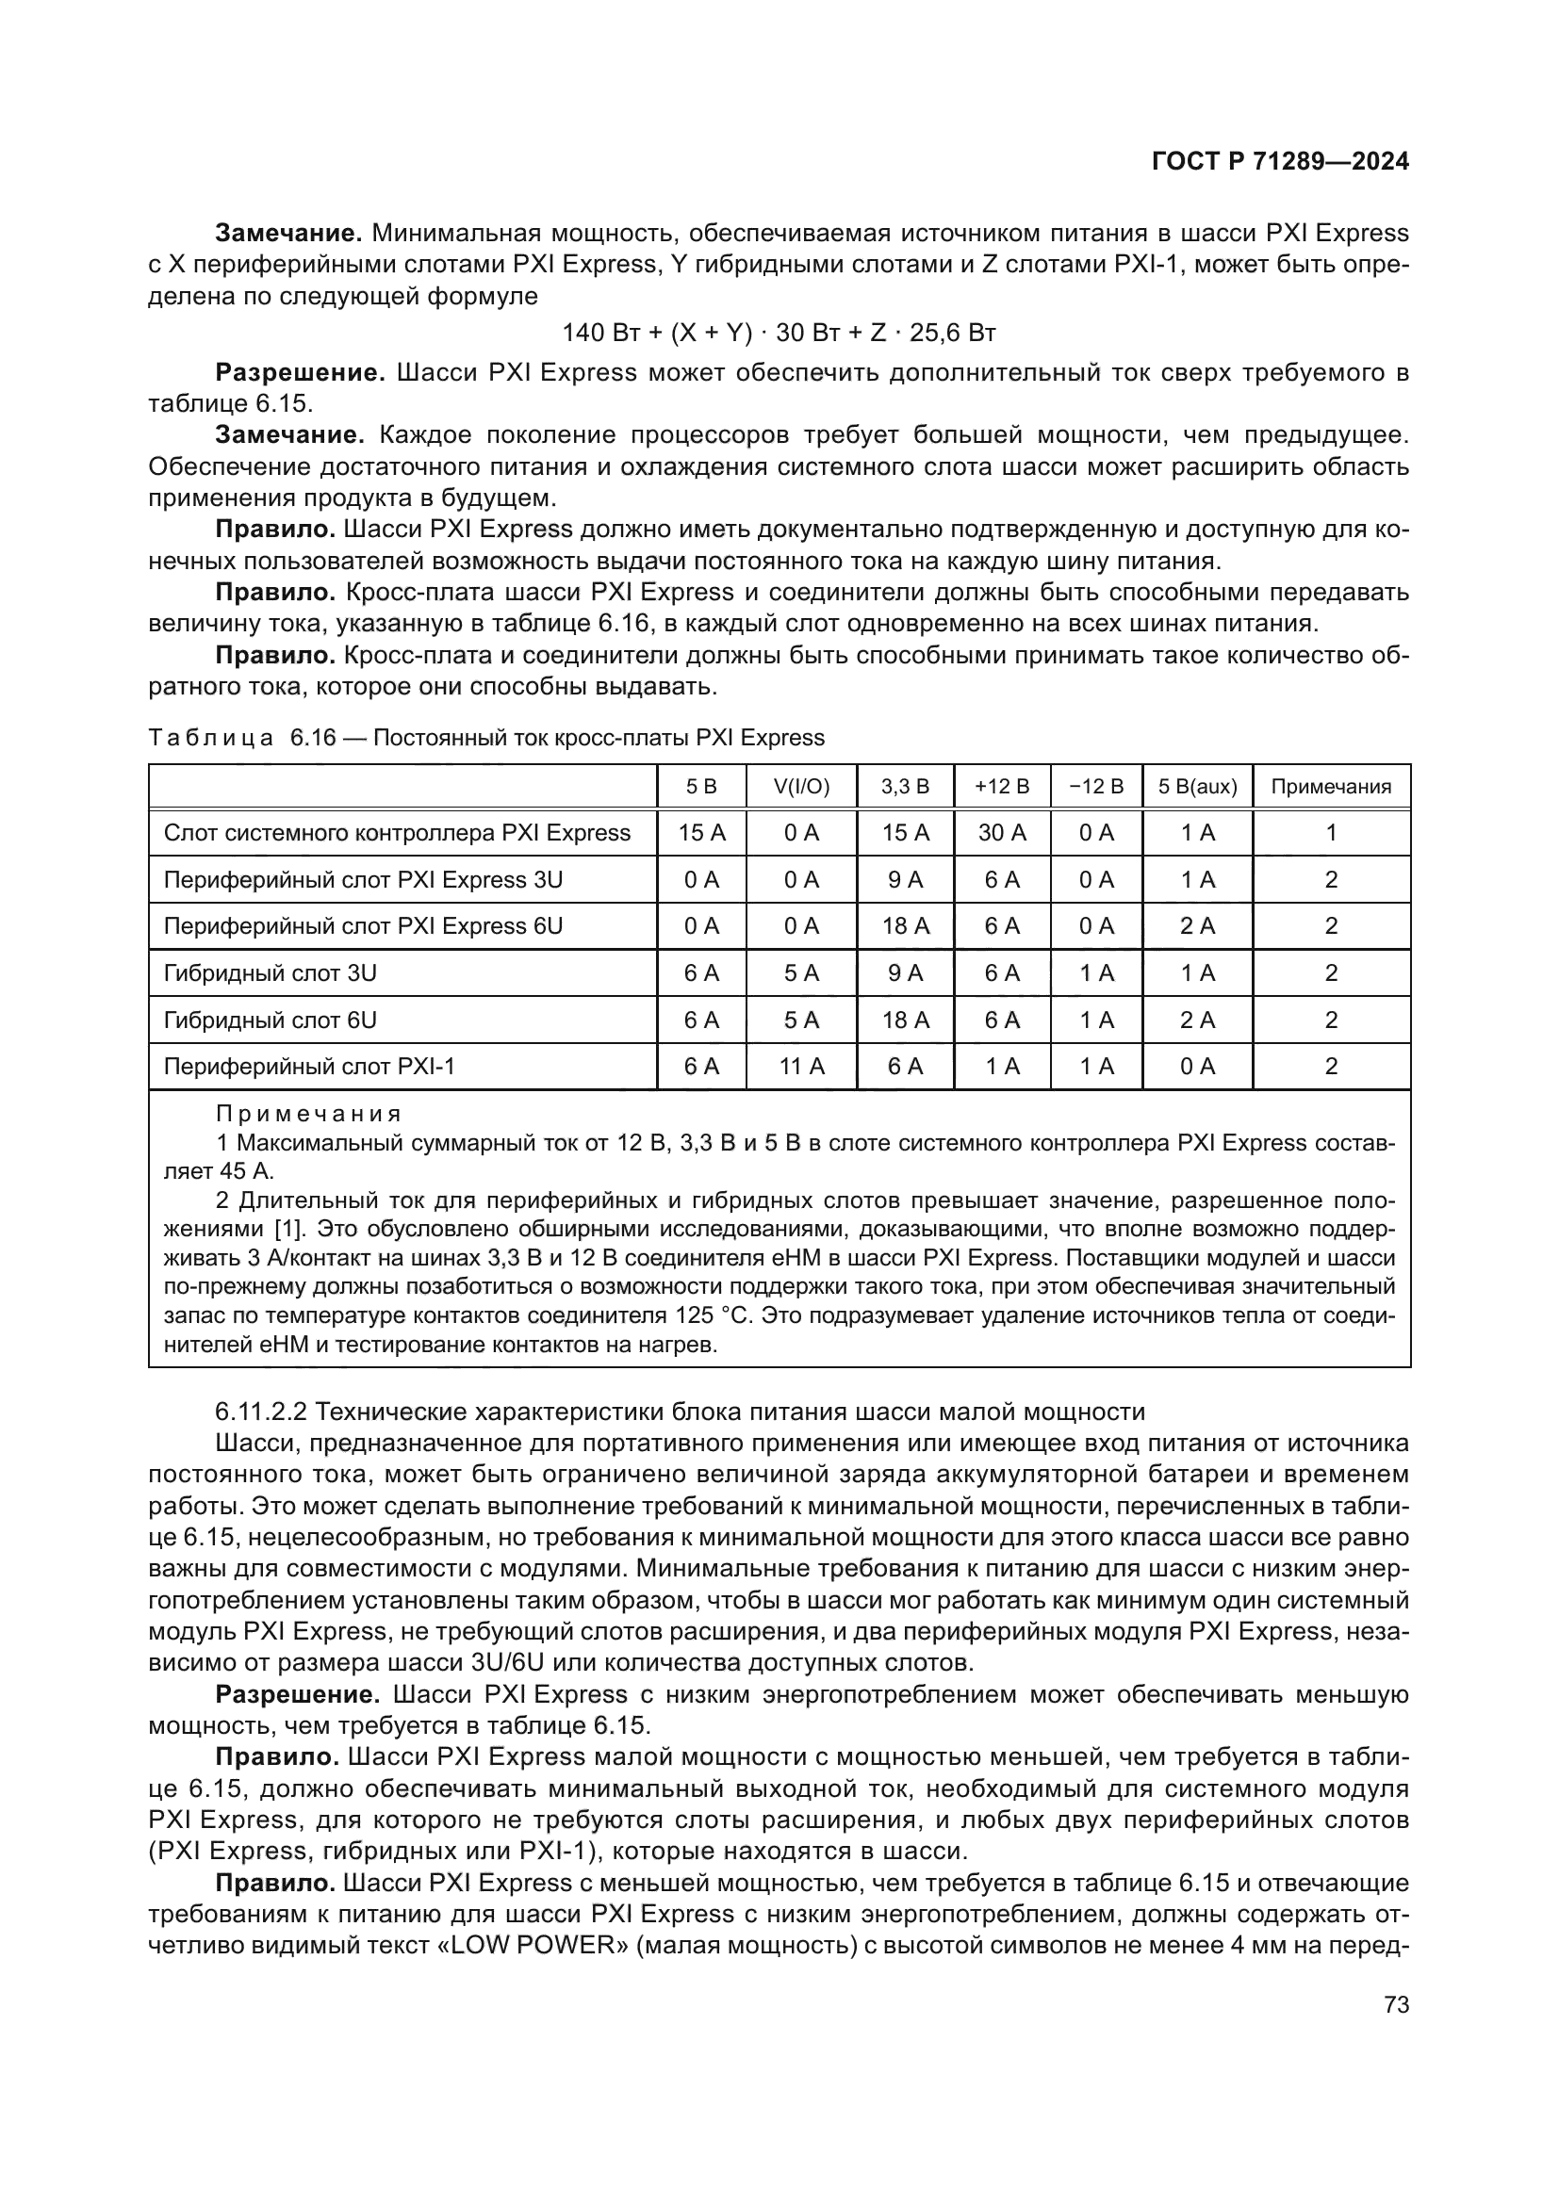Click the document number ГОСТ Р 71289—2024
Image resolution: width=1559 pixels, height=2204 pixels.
(1280, 161)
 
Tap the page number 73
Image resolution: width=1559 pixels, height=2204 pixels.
(1397, 2005)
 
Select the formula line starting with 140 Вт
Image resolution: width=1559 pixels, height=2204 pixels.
(779, 333)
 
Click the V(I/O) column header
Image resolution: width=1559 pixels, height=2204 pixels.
(801, 787)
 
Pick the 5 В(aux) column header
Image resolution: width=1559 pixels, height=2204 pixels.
(1197, 787)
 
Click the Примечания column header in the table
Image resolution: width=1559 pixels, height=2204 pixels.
(1331, 787)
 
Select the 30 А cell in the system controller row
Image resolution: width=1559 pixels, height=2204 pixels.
(1001, 833)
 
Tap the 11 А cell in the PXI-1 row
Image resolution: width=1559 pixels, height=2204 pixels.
(801, 1067)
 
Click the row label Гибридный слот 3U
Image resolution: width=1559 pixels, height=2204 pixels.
(271, 973)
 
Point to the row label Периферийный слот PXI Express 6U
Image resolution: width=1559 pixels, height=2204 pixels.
(363, 926)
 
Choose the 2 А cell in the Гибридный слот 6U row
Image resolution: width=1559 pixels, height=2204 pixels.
(1197, 1020)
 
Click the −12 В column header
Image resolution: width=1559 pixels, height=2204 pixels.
(1095, 787)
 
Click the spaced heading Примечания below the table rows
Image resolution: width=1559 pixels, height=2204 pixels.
(308, 1115)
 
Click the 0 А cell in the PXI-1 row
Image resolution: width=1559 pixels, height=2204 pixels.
(1197, 1067)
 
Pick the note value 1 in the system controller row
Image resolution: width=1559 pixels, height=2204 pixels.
(1331, 833)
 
